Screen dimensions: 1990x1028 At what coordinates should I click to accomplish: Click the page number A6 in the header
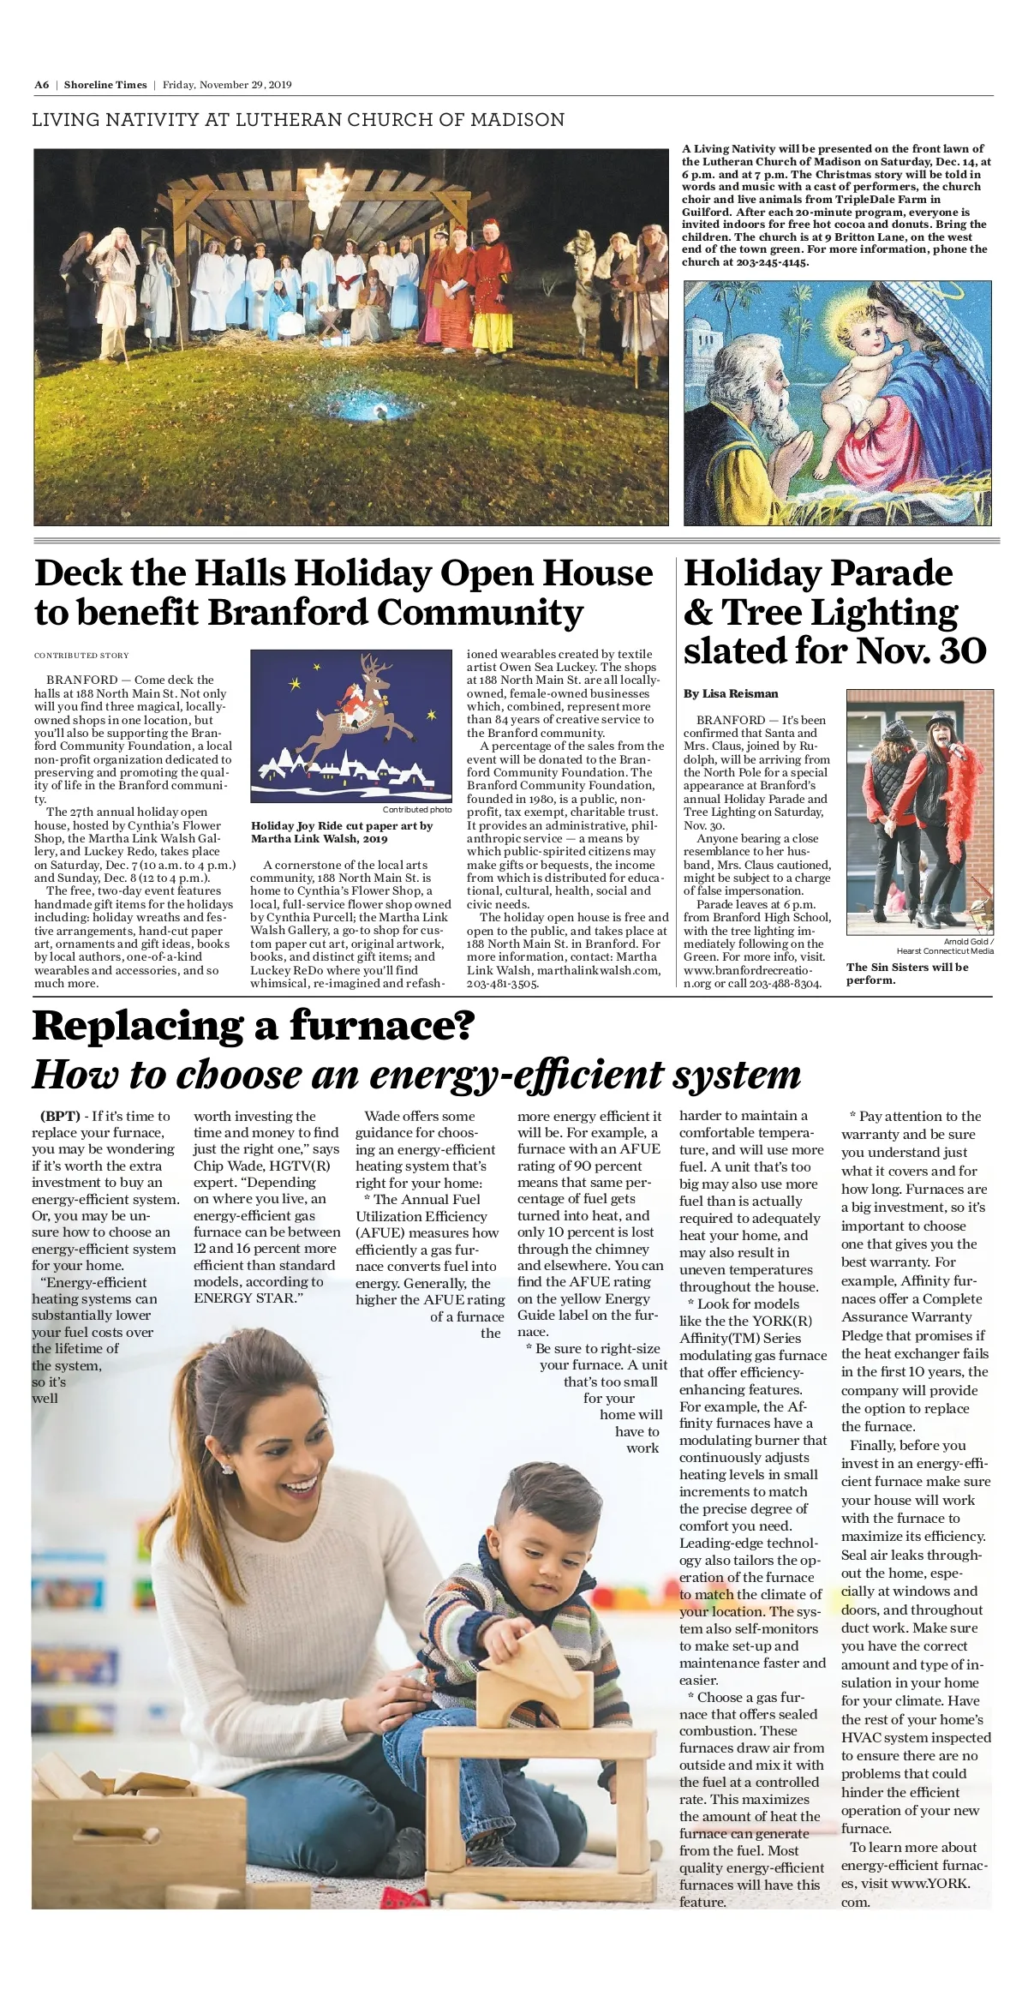42,85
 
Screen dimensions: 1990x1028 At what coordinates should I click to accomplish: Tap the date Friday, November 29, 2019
227,85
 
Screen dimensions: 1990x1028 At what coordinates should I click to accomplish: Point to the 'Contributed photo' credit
417,810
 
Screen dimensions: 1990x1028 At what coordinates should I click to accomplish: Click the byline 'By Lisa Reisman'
731,693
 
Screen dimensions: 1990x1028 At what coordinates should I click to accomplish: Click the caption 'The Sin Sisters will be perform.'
907,973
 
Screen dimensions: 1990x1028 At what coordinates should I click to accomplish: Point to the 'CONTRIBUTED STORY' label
81,656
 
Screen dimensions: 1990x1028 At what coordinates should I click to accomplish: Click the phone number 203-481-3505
502,984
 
